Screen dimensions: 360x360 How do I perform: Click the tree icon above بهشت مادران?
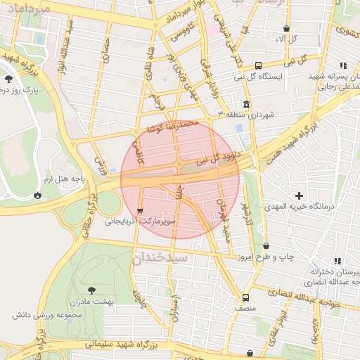click(91, 290)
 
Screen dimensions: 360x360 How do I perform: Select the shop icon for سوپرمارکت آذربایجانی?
click(140, 210)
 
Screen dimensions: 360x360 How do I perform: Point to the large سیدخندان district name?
click(160, 258)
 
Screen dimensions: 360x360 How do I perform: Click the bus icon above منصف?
click(245, 297)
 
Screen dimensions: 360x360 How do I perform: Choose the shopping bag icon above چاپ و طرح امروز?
click(266, 246)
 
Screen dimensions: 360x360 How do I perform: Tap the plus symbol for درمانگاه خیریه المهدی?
click(300, 195)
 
